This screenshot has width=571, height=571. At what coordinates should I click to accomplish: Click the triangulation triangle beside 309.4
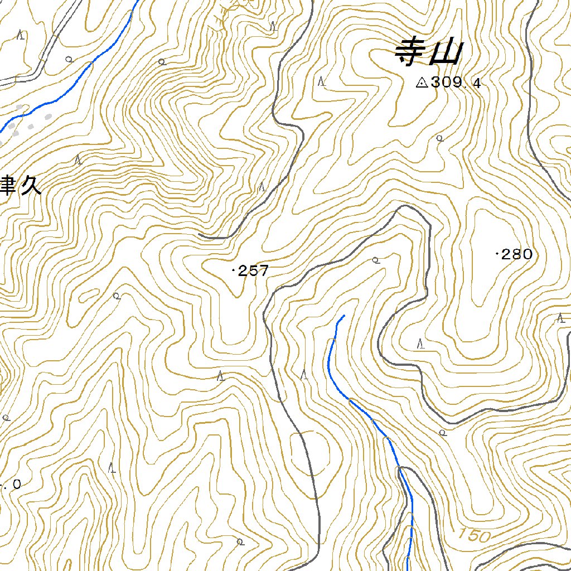(422, 83)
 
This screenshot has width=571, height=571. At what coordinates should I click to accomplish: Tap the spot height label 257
(254, 271)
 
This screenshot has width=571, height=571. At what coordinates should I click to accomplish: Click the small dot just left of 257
(233, 271)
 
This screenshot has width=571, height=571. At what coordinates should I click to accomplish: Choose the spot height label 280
(517, 255)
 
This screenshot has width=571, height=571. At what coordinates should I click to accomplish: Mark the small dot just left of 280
(497, 254)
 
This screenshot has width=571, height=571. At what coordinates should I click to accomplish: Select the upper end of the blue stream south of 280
(343, 316)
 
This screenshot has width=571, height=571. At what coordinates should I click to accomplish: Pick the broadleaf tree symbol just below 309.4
(439, 138)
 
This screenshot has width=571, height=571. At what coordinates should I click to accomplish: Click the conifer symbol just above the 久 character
(79, 160)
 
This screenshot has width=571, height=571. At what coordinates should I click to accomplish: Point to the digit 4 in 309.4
(476, 84)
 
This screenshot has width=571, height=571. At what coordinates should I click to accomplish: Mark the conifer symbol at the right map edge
(561, 318)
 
